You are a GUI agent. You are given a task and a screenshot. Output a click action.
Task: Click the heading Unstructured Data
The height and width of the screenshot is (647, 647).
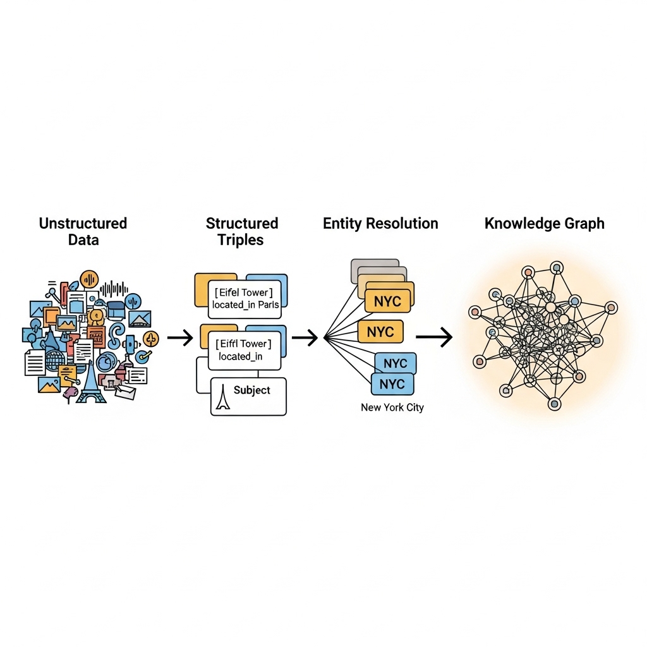click(83, 231)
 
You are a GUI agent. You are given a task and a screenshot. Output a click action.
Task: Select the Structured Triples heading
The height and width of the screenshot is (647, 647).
click(242, 231)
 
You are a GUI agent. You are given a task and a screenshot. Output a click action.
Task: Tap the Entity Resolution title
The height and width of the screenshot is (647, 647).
click(380, 223)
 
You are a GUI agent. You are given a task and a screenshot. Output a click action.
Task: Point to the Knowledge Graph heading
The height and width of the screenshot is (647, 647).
click(544, 224)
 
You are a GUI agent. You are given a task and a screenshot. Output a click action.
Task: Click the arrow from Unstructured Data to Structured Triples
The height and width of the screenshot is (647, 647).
click(180, 337)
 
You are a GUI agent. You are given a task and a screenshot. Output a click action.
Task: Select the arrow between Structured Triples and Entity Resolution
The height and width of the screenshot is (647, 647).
click(305, 337)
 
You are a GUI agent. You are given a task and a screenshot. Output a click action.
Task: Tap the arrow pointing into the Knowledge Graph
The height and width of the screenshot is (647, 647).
click(434, 337)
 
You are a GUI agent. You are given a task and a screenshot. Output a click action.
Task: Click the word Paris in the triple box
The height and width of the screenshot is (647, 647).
click(269, 305)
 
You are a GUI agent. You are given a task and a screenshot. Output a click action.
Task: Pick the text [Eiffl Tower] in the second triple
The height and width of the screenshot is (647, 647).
click(243, 344)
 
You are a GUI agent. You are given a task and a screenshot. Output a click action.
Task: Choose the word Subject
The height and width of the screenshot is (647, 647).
click(251, 390)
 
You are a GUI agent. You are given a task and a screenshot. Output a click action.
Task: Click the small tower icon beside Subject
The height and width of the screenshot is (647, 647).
click(223, 397)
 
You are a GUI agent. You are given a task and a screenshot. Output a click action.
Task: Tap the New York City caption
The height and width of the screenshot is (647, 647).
click(392, 408)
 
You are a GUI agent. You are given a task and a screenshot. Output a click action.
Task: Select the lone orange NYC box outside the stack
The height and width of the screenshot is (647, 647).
click(380, 332)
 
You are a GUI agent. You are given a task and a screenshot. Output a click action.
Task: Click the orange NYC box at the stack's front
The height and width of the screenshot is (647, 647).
click(387, 301)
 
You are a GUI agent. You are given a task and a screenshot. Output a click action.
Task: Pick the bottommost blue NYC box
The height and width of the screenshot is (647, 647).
click(392, 384)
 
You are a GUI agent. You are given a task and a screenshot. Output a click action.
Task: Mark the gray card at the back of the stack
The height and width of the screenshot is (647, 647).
click(374, 263)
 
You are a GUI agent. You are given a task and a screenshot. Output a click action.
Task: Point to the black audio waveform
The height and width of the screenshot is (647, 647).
click(114, 289)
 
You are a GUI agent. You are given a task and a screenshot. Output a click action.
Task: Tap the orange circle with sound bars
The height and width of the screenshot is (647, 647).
click(89, 280)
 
